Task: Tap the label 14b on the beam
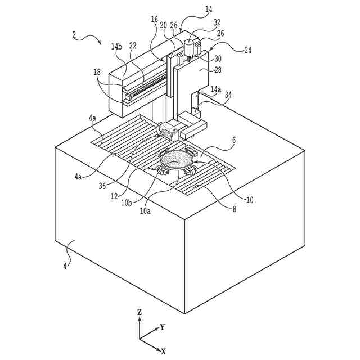116,47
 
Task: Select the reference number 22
132,46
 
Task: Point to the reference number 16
154,19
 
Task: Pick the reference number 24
248,49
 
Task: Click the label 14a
216,89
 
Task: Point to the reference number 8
235,209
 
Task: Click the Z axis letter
139,311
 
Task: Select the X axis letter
164,351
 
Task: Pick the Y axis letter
162,326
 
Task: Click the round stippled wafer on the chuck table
177,161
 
